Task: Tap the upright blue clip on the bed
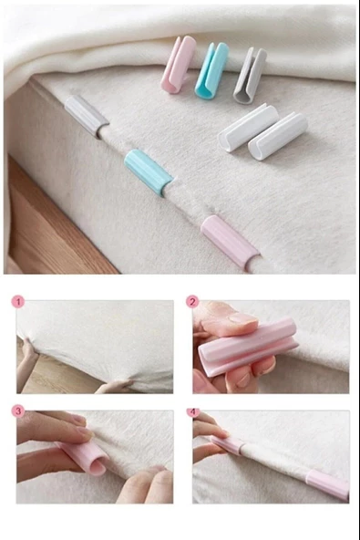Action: (211, 70)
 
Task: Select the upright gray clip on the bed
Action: (251, 75)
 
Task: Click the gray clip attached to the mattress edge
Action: (86, 117)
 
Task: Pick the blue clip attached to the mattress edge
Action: (149, 171)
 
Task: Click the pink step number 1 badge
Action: (18, 302)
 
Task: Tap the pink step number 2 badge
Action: (192, 302)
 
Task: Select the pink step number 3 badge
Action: (18, 411)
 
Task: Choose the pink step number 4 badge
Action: (192, 411)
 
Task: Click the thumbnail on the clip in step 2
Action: (243, 319)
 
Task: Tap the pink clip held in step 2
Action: (247, 346)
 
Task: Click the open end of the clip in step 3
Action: (98, 465)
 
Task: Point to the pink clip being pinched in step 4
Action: (227, 444)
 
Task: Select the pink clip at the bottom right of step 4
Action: (327, 483)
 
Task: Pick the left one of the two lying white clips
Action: (248, 128)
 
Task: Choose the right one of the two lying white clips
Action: (277, 136)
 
